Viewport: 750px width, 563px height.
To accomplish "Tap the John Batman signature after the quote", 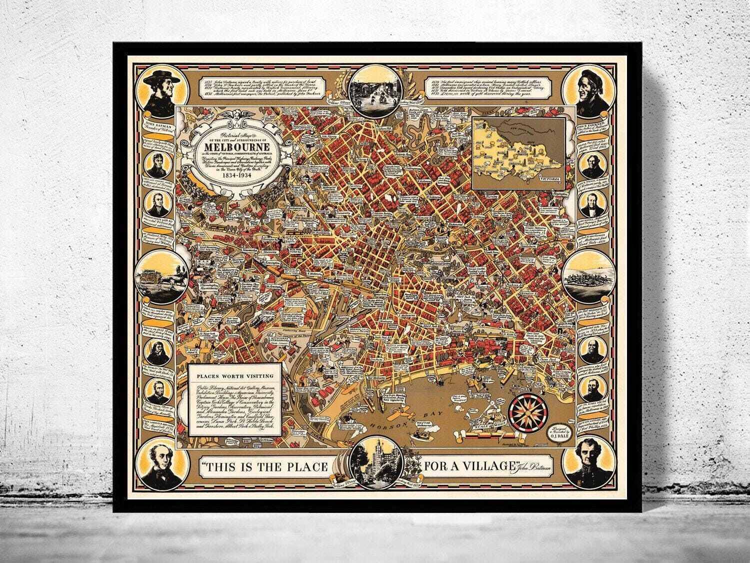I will coord(532,468).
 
